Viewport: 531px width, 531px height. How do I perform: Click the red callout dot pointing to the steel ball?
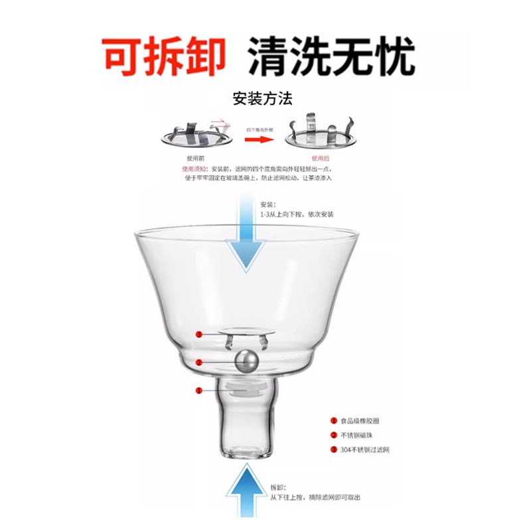198,362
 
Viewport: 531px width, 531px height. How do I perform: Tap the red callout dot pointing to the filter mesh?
198,333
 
